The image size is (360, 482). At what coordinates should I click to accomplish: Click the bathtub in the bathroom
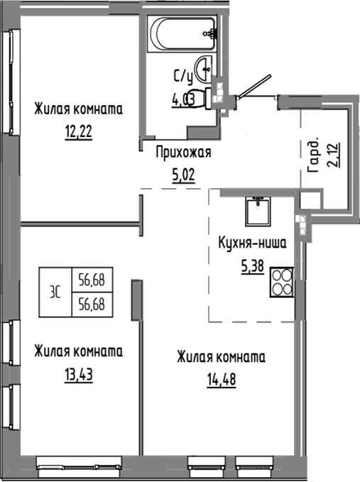[180, 33]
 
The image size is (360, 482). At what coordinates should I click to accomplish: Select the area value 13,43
[78, 373]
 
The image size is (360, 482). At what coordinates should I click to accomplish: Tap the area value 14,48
[221, 378]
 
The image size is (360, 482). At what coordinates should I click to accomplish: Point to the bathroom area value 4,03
[183, 99]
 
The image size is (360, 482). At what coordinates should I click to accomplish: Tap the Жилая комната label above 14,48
[221, 356]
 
